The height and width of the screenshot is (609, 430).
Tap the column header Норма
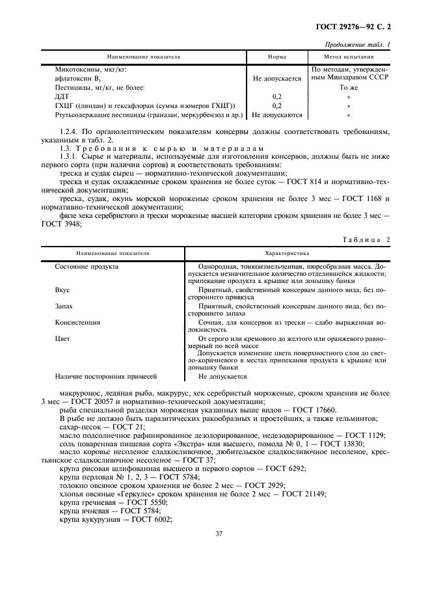coord(276,57)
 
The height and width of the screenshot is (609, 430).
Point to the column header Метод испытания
coord(349,57)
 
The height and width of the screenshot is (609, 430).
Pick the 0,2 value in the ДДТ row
coord(276,96)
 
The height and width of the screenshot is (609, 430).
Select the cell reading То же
coord(349,87)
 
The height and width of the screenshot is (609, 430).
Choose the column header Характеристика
coord(287,253)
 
